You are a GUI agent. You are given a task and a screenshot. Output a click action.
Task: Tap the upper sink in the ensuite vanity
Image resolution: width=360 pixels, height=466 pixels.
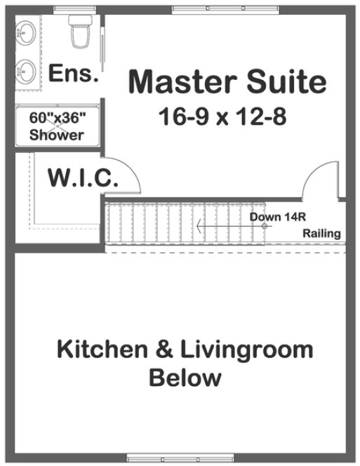tap(27, 31)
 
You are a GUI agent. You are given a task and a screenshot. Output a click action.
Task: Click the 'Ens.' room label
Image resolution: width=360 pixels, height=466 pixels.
tap(72, 74)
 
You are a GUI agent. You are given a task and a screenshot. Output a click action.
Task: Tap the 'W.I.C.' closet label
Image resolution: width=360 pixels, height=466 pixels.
tap(82, 178)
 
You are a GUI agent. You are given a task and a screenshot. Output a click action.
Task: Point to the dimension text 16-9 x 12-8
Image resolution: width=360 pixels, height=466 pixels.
tap(222, 116)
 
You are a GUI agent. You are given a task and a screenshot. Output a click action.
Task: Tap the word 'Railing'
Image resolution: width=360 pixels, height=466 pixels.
tap(321, 234)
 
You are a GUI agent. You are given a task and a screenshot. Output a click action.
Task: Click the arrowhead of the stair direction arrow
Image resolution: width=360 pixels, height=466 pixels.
tap(200, 226)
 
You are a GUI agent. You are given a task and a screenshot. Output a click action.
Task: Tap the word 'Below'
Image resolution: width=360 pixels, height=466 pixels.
tap(185, 378)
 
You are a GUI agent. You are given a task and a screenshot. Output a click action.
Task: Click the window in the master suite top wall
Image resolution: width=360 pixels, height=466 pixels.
tap(225, 8)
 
